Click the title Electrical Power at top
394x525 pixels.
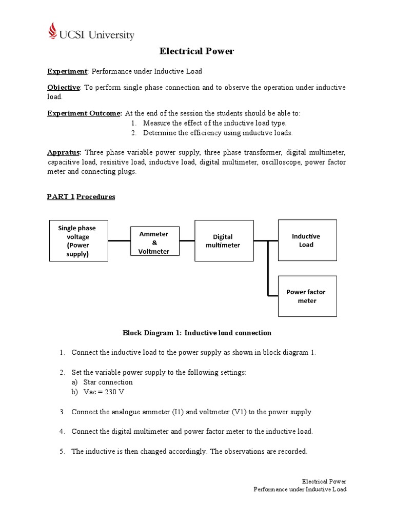(196, 51)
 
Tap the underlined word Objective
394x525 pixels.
(64, 88)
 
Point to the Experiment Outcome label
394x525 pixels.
(84, 113)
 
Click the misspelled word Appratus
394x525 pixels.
(64, 153)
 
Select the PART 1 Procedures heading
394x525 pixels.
(81, 197)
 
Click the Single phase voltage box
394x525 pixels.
(78, 240)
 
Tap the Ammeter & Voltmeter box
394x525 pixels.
(154, 243)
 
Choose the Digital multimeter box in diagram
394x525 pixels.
(223, 241)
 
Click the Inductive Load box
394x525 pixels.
(307, 240)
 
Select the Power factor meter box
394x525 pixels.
(307, 296)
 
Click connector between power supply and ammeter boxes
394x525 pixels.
(119, 240)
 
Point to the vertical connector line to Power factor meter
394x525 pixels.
(267, 269)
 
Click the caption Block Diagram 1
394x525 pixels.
(196, 333)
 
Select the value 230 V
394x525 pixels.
(114, 392)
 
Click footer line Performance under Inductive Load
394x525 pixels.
(300, 489)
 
